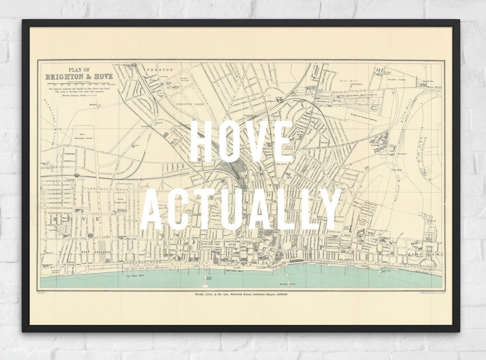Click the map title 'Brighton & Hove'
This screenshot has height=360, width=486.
coord(79,76)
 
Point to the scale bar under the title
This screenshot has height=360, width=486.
coord(79,84)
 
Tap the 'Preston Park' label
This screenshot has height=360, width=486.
coord(185,104)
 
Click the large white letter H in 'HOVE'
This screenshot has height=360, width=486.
coord(201,141)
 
